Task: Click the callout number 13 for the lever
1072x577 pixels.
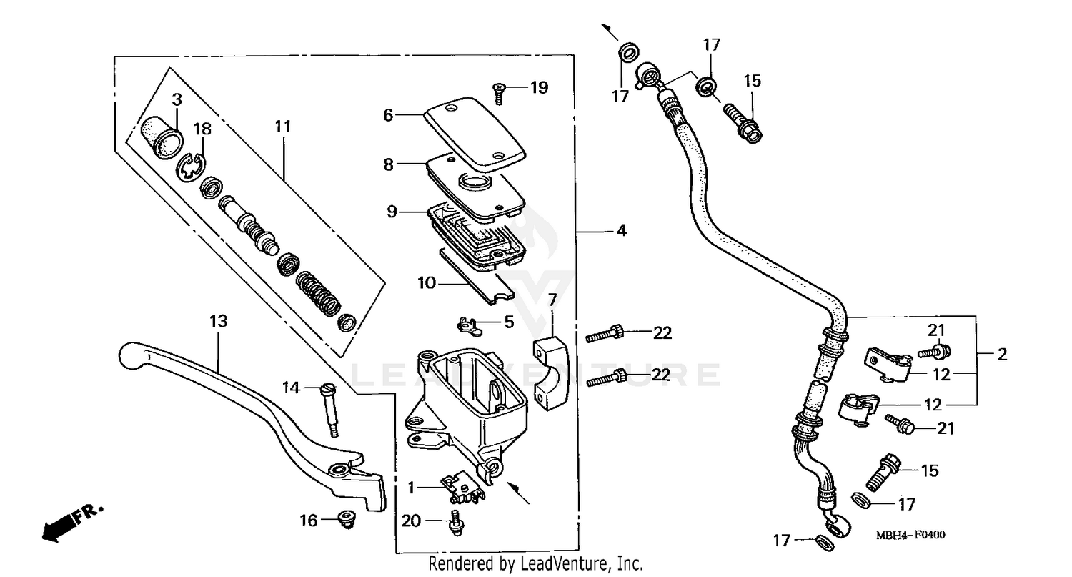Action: [218, 322]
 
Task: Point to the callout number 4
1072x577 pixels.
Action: [622, 231]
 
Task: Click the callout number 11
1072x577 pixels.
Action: [283, 127]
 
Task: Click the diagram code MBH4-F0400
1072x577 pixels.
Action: [910, 536]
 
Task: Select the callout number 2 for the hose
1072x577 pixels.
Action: [1002, 353]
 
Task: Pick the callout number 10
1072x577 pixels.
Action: [427, 283]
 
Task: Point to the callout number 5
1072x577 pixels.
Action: [509, 322]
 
